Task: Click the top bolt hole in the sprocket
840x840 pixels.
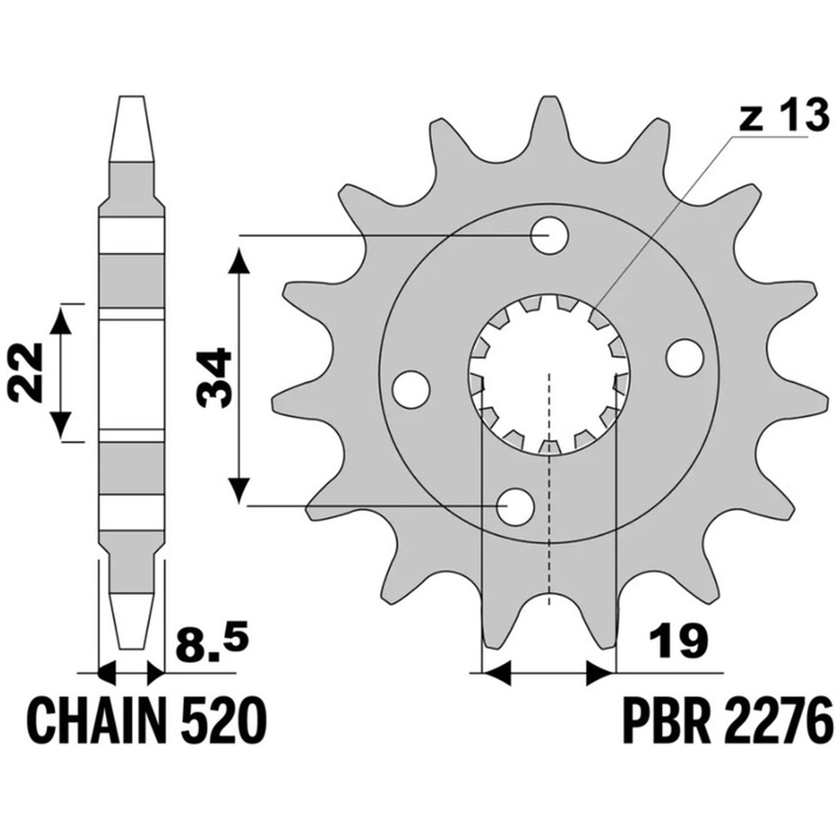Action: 549,236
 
